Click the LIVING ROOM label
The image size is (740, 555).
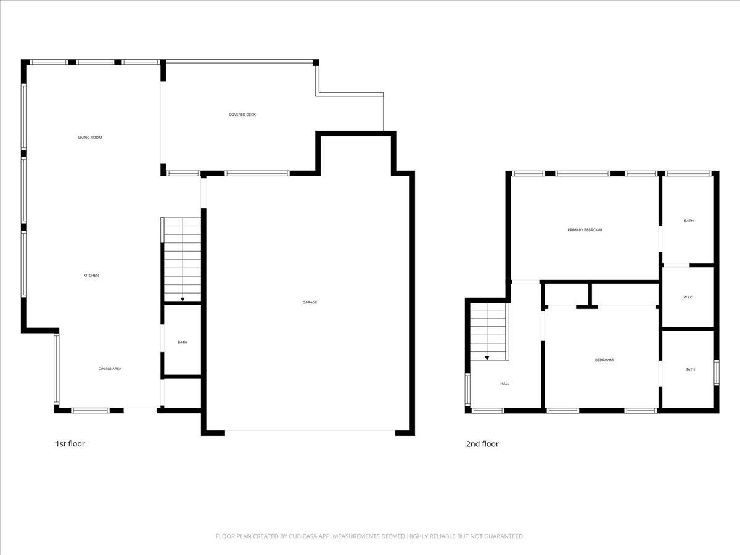(x=90, y=138)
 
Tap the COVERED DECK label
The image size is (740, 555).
(x=242, y=115)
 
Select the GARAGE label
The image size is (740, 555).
(x=310, y=302)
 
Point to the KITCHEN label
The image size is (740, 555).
(x=91, y=276)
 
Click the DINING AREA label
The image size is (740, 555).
(x=110, y=369)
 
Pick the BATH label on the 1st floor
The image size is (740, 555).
(x=183, y=342)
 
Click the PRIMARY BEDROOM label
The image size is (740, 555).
(x=585, y=230)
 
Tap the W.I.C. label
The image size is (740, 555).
(x=689, y=297)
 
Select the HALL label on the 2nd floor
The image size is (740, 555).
(x=505, y=384)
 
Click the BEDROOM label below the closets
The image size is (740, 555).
(x=604, y=360)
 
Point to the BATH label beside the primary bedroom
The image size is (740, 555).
(x=689, y=220)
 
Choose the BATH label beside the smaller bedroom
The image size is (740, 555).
(x=690, y=369)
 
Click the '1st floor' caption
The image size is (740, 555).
(x=70, y=443)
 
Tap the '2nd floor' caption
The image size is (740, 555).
(x=482, y=443)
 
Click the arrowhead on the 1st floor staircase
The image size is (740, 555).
(x=183, y=300)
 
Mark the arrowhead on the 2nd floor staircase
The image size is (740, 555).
(x=487, y=358)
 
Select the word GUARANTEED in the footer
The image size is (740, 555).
(x=501, y=536)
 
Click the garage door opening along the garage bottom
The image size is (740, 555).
(x=310, y=431)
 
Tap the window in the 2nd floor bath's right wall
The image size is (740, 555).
(x=717, y=372)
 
